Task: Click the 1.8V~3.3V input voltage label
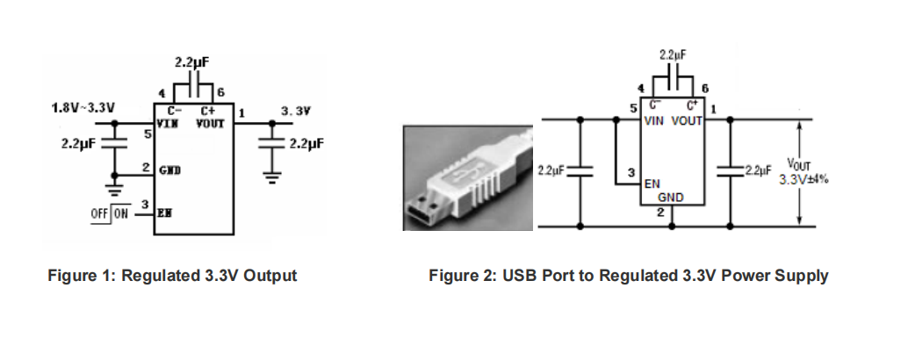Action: [x=83, y=108]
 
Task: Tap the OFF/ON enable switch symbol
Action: [x=110, y=214]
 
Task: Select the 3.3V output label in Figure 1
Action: [x=296, y=111]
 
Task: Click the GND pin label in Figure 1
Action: [x=169, y=170]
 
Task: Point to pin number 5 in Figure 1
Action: [x=148, y=133]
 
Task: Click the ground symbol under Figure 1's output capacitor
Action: [x=271, y=176]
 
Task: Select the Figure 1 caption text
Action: [x=172, y=276]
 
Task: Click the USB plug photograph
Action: [x=468, y=177]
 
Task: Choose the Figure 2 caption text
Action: [x=628, y=276]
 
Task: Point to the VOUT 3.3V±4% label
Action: [x=804, y=172]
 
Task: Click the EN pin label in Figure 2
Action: [x=652, y=184]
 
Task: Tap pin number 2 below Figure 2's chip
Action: [x=660, y=212]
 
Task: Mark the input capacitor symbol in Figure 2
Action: [x=580, y=170]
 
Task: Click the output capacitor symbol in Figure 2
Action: [x=730, y=170]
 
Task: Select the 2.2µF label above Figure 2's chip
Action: [x=673, y=55]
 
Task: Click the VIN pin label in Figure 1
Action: [x=168, y=123]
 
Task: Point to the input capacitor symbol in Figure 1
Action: [x=114, y=143]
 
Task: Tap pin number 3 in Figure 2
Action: [x=631, y=173]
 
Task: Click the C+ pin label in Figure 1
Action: [x=208, y=111]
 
